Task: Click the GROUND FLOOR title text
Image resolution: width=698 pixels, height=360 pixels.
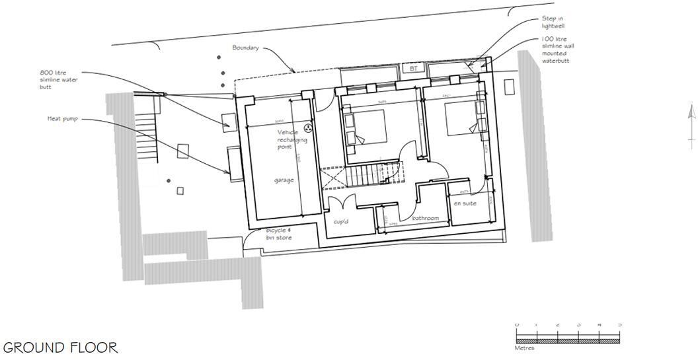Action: [61, 347]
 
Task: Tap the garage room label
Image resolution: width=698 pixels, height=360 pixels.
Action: [284, 180]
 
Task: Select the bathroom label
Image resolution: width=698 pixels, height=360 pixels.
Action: [426, 218]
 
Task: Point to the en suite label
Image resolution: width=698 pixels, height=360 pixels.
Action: [465, 203]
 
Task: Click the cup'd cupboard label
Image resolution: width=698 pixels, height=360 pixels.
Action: [341, 221]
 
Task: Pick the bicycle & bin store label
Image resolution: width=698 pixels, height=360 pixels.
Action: [278, 233]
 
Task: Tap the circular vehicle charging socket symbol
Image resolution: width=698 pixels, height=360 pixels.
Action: [307, 128]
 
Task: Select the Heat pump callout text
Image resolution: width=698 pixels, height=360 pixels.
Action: [63, 119]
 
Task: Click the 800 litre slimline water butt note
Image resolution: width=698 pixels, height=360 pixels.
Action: [58, 79]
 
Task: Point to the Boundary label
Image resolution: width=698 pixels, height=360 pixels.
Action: [245, 48]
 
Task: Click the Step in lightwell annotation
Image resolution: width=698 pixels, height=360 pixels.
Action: [552, 22]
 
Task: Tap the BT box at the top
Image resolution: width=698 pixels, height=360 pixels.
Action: [414, 68]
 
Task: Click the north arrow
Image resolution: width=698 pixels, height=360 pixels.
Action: [691, 122]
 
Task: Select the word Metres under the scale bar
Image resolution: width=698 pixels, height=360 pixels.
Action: [524, 348]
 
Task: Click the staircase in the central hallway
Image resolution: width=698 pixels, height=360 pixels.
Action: [362, 176]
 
